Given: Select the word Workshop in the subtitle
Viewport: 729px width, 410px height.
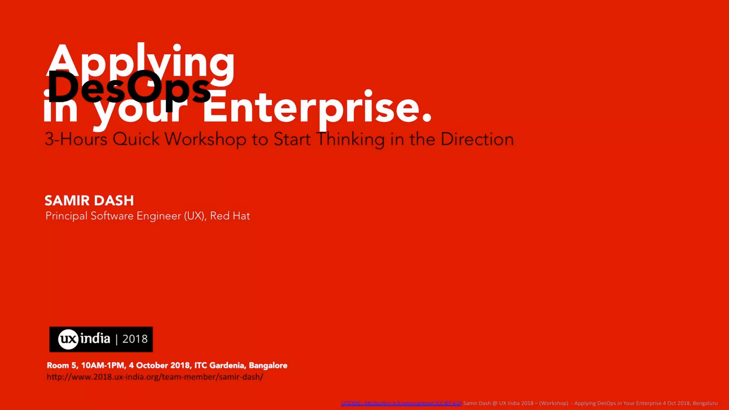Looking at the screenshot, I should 205,139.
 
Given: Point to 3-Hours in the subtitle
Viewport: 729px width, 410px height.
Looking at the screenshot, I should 76,139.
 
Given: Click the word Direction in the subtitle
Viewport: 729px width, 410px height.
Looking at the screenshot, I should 477,139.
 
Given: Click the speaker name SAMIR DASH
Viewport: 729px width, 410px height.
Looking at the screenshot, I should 89,201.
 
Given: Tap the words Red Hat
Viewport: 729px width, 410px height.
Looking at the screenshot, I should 230,216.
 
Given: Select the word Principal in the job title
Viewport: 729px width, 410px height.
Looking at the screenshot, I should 67,216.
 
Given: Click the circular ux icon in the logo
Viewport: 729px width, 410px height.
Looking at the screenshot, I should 68,339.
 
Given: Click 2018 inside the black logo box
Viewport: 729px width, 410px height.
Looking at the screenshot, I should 135,339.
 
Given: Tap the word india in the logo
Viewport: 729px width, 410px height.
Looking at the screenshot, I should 95,338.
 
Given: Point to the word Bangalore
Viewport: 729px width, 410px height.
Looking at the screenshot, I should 268,366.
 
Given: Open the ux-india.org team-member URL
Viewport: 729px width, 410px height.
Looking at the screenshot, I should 155,377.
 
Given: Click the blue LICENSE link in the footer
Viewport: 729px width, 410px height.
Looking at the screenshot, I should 401,403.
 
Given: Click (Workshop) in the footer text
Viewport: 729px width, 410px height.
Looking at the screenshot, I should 554,403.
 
